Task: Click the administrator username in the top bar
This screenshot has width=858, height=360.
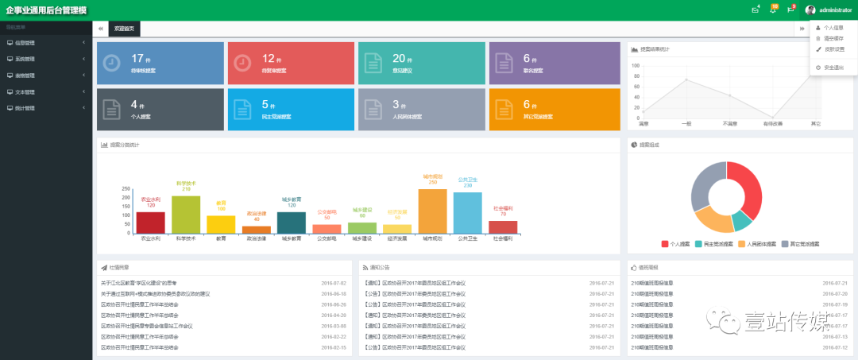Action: pos(835,10)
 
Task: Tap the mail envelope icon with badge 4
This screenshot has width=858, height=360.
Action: pos(755,10)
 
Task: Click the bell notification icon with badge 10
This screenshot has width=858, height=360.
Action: pos(773,10)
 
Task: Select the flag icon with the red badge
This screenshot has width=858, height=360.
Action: pos(790,10)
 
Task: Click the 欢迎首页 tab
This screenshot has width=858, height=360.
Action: pos(125,29)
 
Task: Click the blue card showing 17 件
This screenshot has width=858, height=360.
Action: pos(160,63)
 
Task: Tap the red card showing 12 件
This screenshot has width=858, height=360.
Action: pos(290,63)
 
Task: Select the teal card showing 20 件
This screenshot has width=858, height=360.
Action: pos(420,63)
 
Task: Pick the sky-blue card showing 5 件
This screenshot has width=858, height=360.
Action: pos(290,110)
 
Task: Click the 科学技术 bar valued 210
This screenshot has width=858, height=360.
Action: pos(186,215)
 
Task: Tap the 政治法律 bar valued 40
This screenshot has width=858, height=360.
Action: pos(257,230)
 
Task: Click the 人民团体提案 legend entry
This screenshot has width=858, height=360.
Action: pos(764,244)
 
